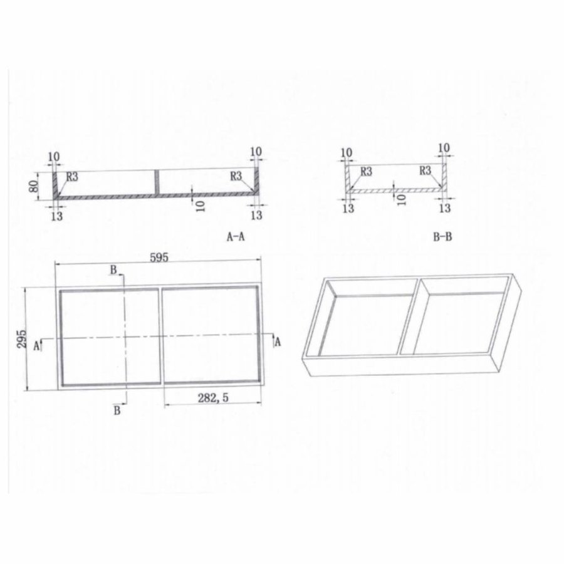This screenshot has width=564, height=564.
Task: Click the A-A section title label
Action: coord(237,237)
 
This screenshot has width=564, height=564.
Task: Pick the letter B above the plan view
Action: coord(113,269)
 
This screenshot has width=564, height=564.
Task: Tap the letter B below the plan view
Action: coord(117,410)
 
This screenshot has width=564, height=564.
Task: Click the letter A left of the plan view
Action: coord(37,345)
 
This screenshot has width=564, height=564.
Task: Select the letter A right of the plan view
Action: coord(277,341)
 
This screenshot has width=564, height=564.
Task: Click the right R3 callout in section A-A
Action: coord(236,176)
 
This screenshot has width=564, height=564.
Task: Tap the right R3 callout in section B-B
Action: coord(425,170)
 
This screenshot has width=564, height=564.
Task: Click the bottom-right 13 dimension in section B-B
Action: coord(444,207)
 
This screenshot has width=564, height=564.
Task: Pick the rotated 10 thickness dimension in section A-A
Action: coord(200,206)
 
